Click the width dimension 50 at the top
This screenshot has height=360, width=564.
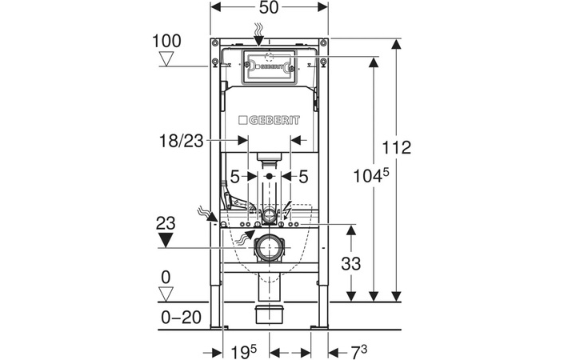coord(269,9)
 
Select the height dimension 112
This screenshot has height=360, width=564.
coord(396,148)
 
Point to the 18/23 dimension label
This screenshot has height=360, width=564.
coord(180,140)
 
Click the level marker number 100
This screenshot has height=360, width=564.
coord(167,40)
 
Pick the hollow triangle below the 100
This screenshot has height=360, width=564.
coord(167,58)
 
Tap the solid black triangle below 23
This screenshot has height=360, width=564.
coord(166,239)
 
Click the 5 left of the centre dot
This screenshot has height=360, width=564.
coord(235,175)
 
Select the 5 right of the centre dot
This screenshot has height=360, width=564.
coord(305,175)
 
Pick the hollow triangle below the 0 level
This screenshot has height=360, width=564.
coord(167,294)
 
